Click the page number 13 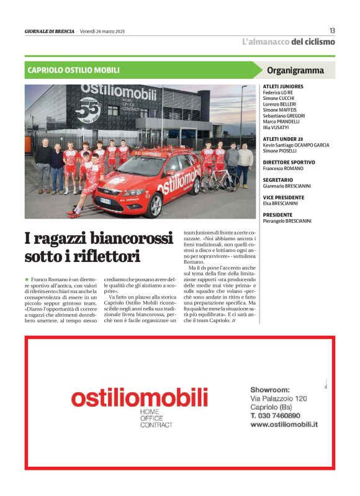point(332,30)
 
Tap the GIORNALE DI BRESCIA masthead point(49,31)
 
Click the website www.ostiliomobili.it point(284,425)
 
